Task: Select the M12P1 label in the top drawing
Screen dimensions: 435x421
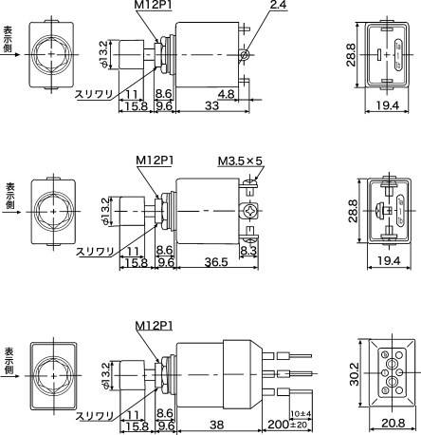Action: click(155, 7)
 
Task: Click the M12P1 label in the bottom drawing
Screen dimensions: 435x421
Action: click(155, 325)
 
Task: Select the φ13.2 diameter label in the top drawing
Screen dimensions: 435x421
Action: click(104, 53)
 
